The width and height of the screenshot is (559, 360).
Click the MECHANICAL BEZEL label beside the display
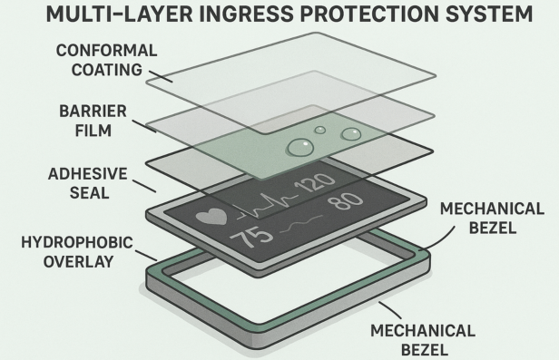pyautogui.click(x=494, y=219)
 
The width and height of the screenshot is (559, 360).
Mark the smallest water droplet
pyautogui.click(x=319, y=130)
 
